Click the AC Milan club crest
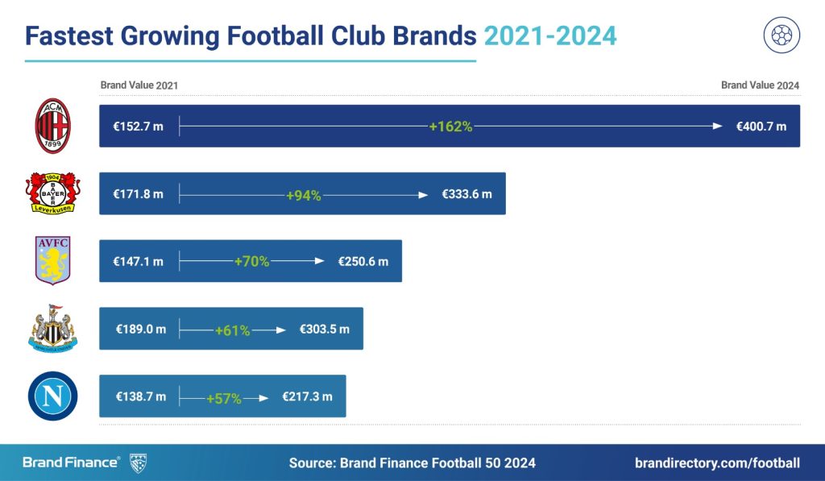coord(53,126)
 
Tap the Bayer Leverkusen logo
coord(53,193)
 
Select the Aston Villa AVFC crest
coord(53,260)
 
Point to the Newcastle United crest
coord(53,328)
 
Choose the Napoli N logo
coord(53,396)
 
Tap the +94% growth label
coord(303,194)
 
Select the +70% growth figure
coord(251,262)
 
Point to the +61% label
coord(232,330)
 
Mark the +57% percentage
coord(223,397)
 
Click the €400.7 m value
coord(761,126)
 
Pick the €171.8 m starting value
coord(138,194)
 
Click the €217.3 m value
coord(307,397)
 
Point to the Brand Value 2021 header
coord(139,85)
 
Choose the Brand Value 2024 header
coord(760,85)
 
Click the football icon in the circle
coord(781,35)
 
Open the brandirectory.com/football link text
coord(717,462)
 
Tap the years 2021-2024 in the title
coord(550,35)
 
